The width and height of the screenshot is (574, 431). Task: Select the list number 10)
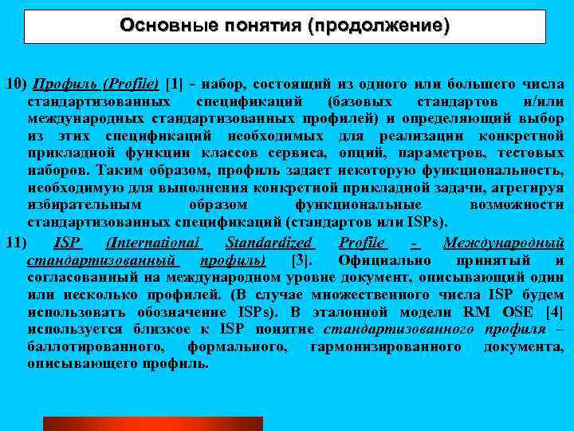(x=16, y=84)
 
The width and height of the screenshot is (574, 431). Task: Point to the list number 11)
(x=16, y=243)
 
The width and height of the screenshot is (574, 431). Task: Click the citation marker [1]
(x=175, y=84)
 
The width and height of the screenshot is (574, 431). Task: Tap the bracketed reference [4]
(x=555, y=312)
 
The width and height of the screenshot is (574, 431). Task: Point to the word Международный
(x=504, y=243)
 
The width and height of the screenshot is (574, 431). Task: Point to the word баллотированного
(x=96, y=347)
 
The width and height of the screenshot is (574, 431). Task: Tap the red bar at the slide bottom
(x=153, y=423)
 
